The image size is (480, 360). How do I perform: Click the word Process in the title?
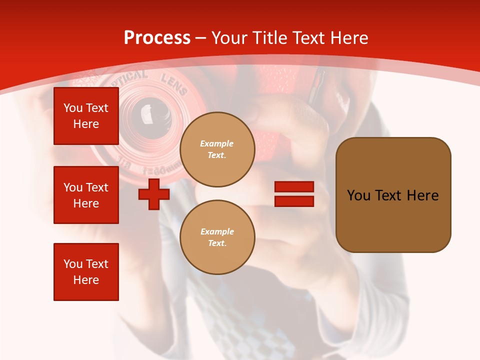157,37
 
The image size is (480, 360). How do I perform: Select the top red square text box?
86,116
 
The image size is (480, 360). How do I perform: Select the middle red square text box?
86,195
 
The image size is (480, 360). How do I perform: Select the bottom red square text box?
86,271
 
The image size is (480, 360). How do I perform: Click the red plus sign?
154,194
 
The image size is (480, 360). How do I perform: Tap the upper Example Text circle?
217,149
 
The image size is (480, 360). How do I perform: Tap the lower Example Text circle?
217,237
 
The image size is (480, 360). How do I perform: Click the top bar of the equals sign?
294,186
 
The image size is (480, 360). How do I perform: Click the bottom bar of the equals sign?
294,201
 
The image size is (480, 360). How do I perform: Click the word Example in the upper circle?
216,143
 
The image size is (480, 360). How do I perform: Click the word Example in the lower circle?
217,231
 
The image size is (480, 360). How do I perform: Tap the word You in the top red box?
73,108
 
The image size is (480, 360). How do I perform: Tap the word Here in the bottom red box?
86,280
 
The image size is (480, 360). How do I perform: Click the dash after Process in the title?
201,38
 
